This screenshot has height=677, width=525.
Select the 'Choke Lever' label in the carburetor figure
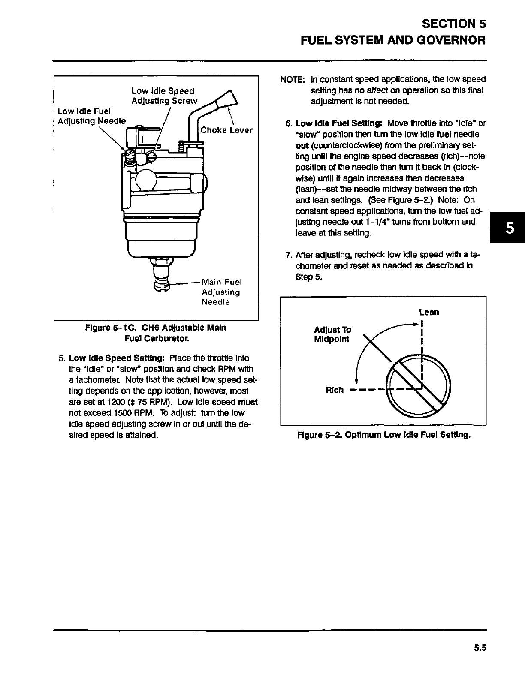tap(226, 130)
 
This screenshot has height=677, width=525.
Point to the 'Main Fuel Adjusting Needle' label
tap(222, 292)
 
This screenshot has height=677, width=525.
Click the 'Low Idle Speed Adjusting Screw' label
tap(164, 96)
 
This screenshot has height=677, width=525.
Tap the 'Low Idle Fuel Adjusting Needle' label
tap(92, 116)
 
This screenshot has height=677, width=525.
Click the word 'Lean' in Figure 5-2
tap(429, 312)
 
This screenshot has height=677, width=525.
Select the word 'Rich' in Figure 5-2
tap(335, 390)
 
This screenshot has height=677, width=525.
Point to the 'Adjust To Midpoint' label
tap(332, 334)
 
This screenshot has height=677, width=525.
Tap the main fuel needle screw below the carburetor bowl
tap(160, 285)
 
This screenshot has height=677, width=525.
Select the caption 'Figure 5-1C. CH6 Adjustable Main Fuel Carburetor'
tap(156, 333)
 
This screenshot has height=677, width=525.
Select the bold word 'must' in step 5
tap(247, 402)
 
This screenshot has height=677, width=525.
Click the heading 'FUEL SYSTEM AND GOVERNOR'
tap(393, 41)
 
